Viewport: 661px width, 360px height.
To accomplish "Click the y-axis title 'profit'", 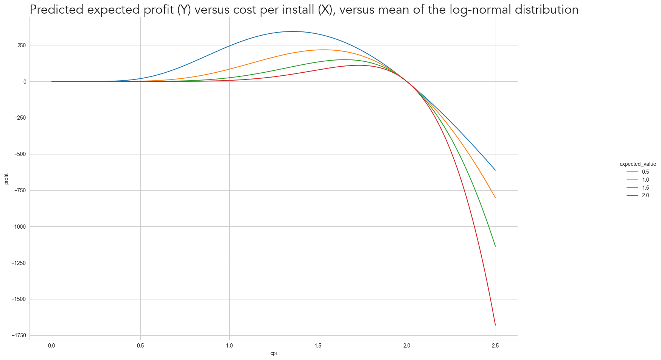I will (x=6, y=179).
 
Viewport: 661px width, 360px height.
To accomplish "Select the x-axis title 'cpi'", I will (x=274, y=354).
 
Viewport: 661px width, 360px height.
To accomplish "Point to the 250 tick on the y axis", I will (x=21, y=45).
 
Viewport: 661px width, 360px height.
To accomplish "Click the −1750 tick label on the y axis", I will (x=18, y=335).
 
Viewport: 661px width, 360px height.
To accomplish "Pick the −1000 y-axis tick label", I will (x=18, y=227).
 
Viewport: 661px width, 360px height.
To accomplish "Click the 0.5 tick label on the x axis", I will (x=140, y=346).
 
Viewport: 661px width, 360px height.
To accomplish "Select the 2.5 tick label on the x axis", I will (x=495, y=346).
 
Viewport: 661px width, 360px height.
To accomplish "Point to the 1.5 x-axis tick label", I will (x=318, y=346).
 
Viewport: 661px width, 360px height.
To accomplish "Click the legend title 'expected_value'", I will (x=638, y=164).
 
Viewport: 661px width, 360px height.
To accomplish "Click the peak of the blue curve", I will (x=292, y=31).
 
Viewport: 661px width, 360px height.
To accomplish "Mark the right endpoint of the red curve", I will (x=495, y=325).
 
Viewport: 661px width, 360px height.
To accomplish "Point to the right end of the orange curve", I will (x=495, y=198).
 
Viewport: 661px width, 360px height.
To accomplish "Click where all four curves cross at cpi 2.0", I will (x=407, y=81).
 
